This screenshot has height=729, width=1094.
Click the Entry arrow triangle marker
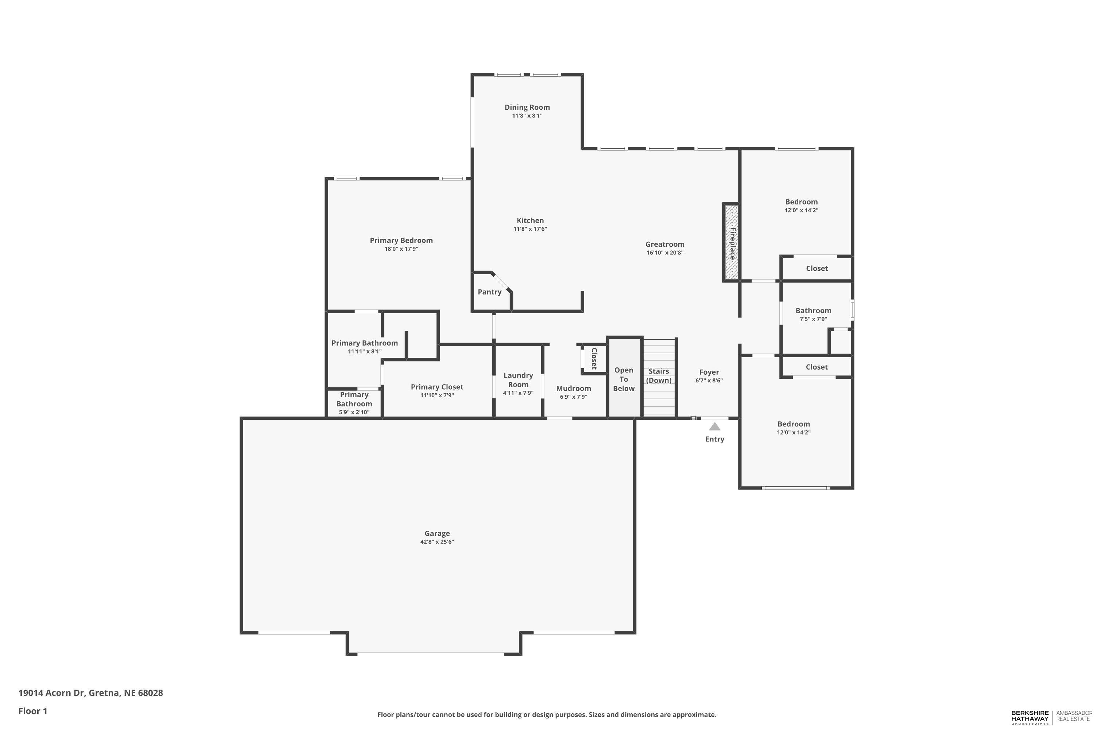(714, 426)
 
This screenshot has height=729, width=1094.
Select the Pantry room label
(489, 292)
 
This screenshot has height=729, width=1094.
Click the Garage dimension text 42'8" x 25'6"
(437, 542)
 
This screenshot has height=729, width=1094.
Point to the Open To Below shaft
(624, 379)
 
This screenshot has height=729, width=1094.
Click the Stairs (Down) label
(659, 376)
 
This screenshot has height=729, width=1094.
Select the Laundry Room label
(518, 380)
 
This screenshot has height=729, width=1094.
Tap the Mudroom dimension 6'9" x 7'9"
(574, 397)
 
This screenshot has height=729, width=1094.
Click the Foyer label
(709, 372)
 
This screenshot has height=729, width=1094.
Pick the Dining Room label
(527, 107)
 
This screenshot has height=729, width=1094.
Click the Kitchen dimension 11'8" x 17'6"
(530, 229)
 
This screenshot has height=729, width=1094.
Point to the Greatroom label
(665, 244)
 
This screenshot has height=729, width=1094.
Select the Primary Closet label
(437, 387)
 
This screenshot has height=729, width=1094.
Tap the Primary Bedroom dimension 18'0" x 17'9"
(401, 249)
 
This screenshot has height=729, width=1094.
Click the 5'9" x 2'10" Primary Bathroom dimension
(354, 412)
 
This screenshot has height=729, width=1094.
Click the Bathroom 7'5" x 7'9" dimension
(813, 319)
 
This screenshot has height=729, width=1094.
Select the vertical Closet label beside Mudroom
(594, 358)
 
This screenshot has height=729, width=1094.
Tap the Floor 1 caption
(32, 711)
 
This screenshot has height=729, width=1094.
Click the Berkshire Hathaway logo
(1030, 717)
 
